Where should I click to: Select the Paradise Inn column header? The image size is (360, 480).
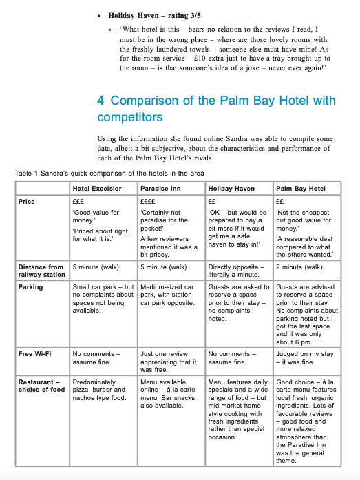pyautogui.click(x=161, y=188)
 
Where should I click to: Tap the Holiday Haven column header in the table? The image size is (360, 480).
pyautogui.click(x=231, y=188)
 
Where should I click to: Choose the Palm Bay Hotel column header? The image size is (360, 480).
pyautogui.click(x=301, y=188)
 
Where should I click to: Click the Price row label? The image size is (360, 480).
pyautogui.click(x=26, y=202)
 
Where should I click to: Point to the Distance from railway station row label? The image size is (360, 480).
pyautogui.click(x=41, y=271)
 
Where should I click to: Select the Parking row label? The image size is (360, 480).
pyautogui.click(x=30, y=287)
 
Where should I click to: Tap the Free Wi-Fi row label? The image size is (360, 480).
pyautogui.click(x=34, y=353)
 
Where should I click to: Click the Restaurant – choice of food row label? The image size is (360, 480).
pyautogui.click(x=41, y=386)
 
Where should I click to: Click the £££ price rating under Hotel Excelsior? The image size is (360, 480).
pyautogui.click(x=78, y=202)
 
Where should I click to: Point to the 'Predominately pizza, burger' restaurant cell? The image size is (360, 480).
pyautogui.click(x=100, y=390)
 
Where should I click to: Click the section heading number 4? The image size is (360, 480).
pyautogui.click(x=102, y=101)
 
